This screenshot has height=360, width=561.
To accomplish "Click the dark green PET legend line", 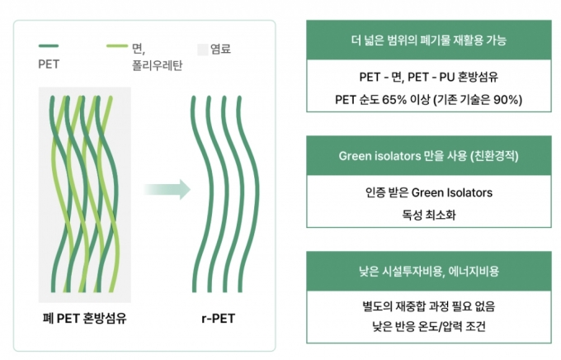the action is pos(49,46).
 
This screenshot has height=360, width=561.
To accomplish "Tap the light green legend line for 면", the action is pos(117,46).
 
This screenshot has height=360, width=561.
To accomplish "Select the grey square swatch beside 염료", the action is pos(202,50).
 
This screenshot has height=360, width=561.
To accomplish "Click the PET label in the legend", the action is pos(49,64).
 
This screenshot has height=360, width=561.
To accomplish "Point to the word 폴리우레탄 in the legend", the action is pos(157,65).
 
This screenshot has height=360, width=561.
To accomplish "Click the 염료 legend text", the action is pos(220,49).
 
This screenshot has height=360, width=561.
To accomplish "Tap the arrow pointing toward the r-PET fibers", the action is pos(167,189).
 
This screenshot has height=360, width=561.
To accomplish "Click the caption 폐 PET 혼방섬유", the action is pos(84,318).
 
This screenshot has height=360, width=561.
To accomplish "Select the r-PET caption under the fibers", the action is pos(219,319).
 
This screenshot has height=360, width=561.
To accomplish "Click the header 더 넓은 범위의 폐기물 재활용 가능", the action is pos(429,40).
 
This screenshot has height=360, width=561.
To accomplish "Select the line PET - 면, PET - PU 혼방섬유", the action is pos(429,77).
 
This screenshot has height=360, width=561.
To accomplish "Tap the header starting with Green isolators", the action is pos(429,156).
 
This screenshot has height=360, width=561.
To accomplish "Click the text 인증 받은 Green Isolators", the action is pos(429,192).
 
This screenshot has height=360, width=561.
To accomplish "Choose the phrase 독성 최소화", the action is pos(429,215).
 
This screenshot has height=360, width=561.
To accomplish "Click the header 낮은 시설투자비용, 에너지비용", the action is pos(429,271).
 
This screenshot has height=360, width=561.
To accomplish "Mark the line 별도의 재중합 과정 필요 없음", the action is pos(429,306).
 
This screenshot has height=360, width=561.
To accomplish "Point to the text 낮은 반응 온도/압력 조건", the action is pos(429,326).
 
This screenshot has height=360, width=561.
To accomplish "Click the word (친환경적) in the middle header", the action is pos(494,156).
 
